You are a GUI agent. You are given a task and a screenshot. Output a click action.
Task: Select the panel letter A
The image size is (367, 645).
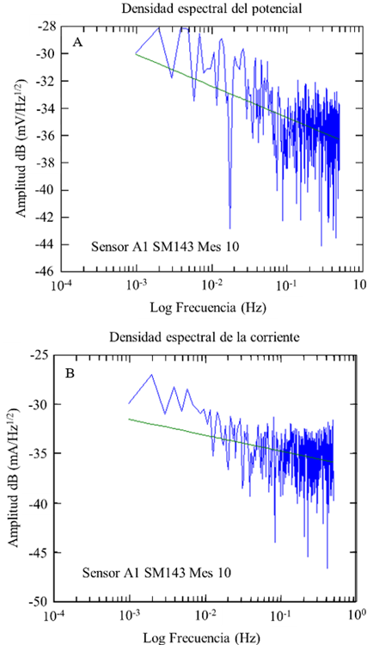click(77, 41)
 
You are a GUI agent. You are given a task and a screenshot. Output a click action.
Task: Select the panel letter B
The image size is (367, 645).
click(71, 375)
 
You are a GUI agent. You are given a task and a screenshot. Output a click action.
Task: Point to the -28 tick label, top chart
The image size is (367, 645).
click(46, 27)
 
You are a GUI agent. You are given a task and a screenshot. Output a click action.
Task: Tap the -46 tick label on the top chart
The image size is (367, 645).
click(46, 272)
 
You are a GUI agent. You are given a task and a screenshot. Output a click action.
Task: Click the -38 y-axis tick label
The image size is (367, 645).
click(46, 163)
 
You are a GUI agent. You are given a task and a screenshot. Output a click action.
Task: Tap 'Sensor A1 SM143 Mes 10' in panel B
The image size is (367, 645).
click(156, 572)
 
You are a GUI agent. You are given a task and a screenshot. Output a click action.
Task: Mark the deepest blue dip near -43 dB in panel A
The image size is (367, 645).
click(230, 228)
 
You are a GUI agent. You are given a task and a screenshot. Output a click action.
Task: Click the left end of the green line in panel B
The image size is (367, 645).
click(130, 419)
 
